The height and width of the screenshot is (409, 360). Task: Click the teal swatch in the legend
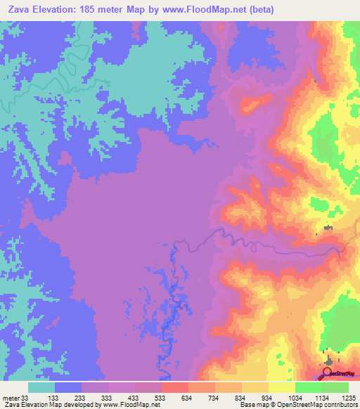pyautogui.click(x=41, y=387)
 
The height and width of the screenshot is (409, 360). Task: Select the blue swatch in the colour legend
pyautogui.click(x=68, y=387)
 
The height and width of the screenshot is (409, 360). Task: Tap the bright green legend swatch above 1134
pyautogui.click(x=309, y=387)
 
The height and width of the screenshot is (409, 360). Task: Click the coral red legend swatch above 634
pyautogui.click(x=175, y=387)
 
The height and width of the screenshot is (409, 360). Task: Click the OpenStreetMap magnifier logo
pyautogui.click(x=329, y=373)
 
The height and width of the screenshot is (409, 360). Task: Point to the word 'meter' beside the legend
pyautogui.click(x=11, y=398)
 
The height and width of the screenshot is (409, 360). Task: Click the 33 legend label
pyautogui.click(x=27, y=398)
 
